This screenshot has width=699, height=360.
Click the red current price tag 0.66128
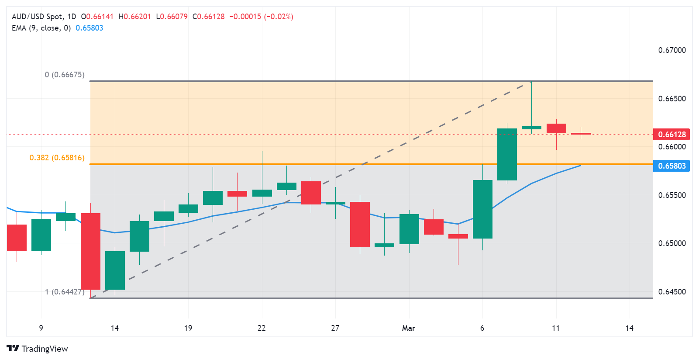[671, 134]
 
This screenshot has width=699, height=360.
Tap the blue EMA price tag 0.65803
[671, 166]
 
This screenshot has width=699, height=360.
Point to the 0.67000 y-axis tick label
[671, 50]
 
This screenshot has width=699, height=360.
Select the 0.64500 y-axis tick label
[671, 292]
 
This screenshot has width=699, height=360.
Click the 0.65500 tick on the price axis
[671, 195]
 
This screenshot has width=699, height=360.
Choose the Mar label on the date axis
[409, 328]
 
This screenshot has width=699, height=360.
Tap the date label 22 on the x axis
[262, 328]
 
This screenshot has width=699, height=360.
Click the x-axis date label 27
[335, 328]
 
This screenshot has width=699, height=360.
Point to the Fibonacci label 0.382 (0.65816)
[57, 158]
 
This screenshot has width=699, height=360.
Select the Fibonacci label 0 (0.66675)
[65, 75]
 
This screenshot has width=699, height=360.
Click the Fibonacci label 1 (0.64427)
[65, 292]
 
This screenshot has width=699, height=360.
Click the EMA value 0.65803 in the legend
[90, 28]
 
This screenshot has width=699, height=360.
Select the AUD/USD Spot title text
[37, 17]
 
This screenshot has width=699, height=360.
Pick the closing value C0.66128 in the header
[209, 17]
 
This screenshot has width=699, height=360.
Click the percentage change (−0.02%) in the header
[279, 17]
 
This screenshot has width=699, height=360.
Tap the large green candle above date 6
[482, 209]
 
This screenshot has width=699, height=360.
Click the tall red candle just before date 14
[91, 251]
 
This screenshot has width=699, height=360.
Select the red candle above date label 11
[556, 128]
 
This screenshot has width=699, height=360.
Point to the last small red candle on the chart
[581, 134]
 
